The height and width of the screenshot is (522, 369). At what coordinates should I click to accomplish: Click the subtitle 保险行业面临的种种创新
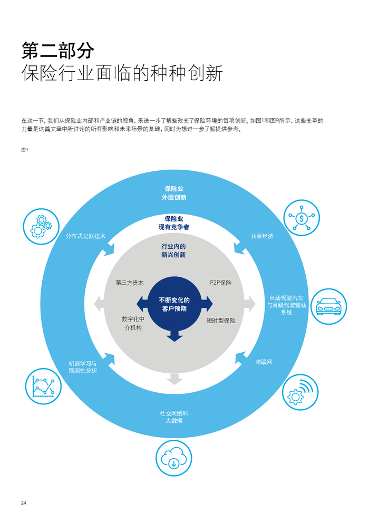tap(122, 73)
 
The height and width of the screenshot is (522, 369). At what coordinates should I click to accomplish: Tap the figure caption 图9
tap(24, 150)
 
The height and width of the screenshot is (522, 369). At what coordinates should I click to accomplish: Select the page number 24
tap(24, 502)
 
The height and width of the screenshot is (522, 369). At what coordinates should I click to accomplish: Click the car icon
tap(328, 305)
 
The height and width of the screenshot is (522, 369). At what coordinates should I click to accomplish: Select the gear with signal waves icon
tap(300, 392)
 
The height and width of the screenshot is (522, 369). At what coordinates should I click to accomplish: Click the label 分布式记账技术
tap(85, 236)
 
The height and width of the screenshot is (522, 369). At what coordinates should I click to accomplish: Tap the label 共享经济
tap(262, 236)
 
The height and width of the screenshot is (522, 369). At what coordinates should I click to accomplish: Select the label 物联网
tap(264, 362)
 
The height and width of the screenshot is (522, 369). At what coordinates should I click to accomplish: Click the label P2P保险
tap(220, 283)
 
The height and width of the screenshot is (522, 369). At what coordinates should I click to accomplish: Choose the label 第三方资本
tap(130, 283)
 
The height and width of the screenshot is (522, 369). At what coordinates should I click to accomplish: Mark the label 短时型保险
tap(221, 320)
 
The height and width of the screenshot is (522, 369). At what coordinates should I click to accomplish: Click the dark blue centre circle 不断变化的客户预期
tap(174, 304)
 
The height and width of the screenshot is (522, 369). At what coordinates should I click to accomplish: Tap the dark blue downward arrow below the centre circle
tap(174, 335)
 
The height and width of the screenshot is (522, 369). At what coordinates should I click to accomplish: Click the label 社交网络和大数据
tap(174, 417)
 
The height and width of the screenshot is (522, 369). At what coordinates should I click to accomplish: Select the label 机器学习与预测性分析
tap(83, 367)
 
